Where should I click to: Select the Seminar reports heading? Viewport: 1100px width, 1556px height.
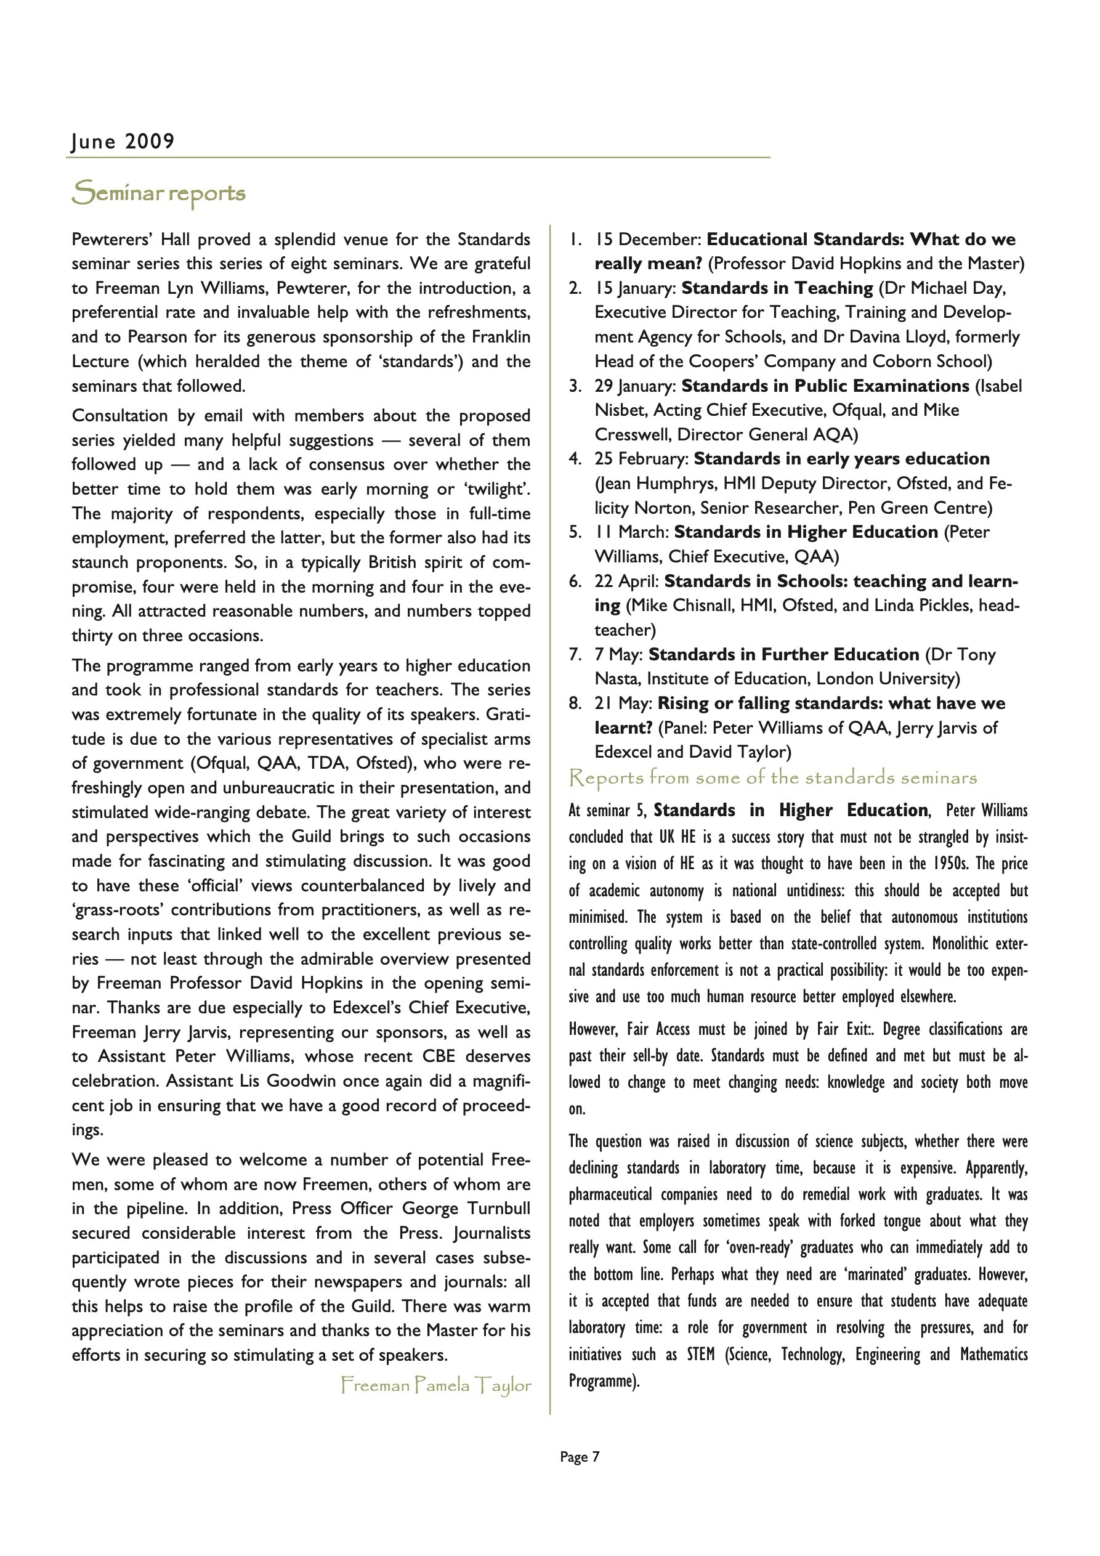[x=159, y=193]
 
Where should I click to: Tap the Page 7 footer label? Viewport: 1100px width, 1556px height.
[x=580, y=1456]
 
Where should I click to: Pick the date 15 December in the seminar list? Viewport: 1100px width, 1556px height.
[x=648, y=239]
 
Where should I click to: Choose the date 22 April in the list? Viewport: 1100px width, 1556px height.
[x=628, y=581]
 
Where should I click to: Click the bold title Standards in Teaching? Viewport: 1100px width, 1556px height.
[x=777, y=288]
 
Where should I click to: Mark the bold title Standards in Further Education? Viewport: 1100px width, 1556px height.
[x=783, y=654]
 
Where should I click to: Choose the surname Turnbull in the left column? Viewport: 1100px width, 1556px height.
[x=497, y=1209]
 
